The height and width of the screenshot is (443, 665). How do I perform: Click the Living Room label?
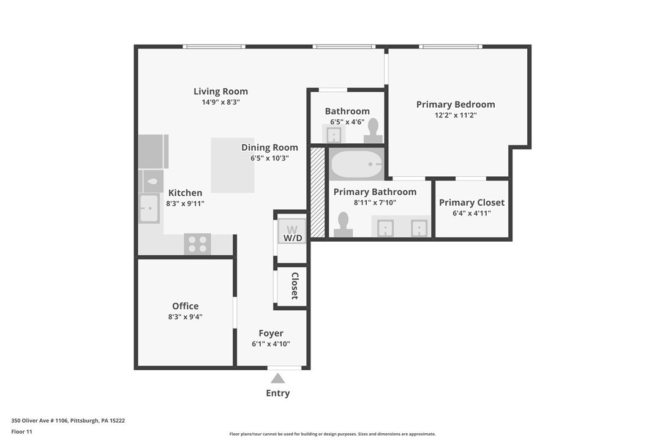click(220, 92)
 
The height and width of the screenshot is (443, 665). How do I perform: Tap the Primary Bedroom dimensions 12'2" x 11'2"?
click(455, 115)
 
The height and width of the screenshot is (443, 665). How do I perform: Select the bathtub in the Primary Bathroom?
click(356, 164)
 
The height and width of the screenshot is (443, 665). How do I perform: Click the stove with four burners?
click(197, 244)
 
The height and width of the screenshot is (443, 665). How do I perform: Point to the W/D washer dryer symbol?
click(292, 231)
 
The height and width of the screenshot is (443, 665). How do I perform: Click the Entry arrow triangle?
click(277, 378)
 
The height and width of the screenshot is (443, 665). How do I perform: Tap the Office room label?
click(185, 306)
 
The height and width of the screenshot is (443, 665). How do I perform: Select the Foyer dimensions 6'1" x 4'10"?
click(271, 344)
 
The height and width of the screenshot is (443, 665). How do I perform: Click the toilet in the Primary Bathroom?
click(343, 225)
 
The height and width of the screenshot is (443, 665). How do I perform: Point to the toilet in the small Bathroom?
click(373, 130)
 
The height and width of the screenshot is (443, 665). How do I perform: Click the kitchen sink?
click(149, 209)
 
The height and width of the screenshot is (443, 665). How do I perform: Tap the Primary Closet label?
click(472, 203)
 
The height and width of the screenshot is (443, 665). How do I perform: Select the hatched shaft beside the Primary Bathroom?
click(317, 192)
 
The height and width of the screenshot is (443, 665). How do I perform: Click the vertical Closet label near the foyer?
click(295, 286)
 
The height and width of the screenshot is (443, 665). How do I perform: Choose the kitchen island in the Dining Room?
click(233, 165)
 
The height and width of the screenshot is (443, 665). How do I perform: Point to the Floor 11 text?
click(21, 432)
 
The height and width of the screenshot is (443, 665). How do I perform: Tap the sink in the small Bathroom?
click(334, 134)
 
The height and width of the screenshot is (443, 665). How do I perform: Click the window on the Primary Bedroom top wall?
click(450, 47)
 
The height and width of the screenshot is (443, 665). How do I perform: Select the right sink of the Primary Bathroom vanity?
click(419, 228)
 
